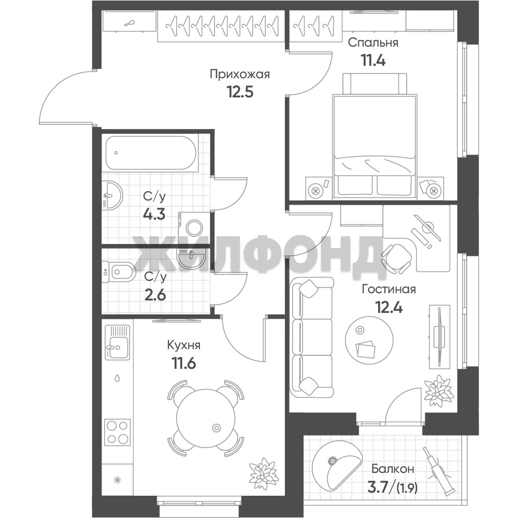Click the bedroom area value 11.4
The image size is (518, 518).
click(372, 60)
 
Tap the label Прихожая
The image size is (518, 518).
click(240, 75)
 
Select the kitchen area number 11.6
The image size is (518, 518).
click(184, 364)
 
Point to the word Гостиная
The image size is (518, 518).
click(389, 290)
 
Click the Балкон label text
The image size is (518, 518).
click(393, 468)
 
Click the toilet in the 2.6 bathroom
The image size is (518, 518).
click(118, 272)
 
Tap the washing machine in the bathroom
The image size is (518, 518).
click(194, 227)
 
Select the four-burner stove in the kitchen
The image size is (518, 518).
click(118, 432)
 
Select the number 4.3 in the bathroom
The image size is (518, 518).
click(154, 214)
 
